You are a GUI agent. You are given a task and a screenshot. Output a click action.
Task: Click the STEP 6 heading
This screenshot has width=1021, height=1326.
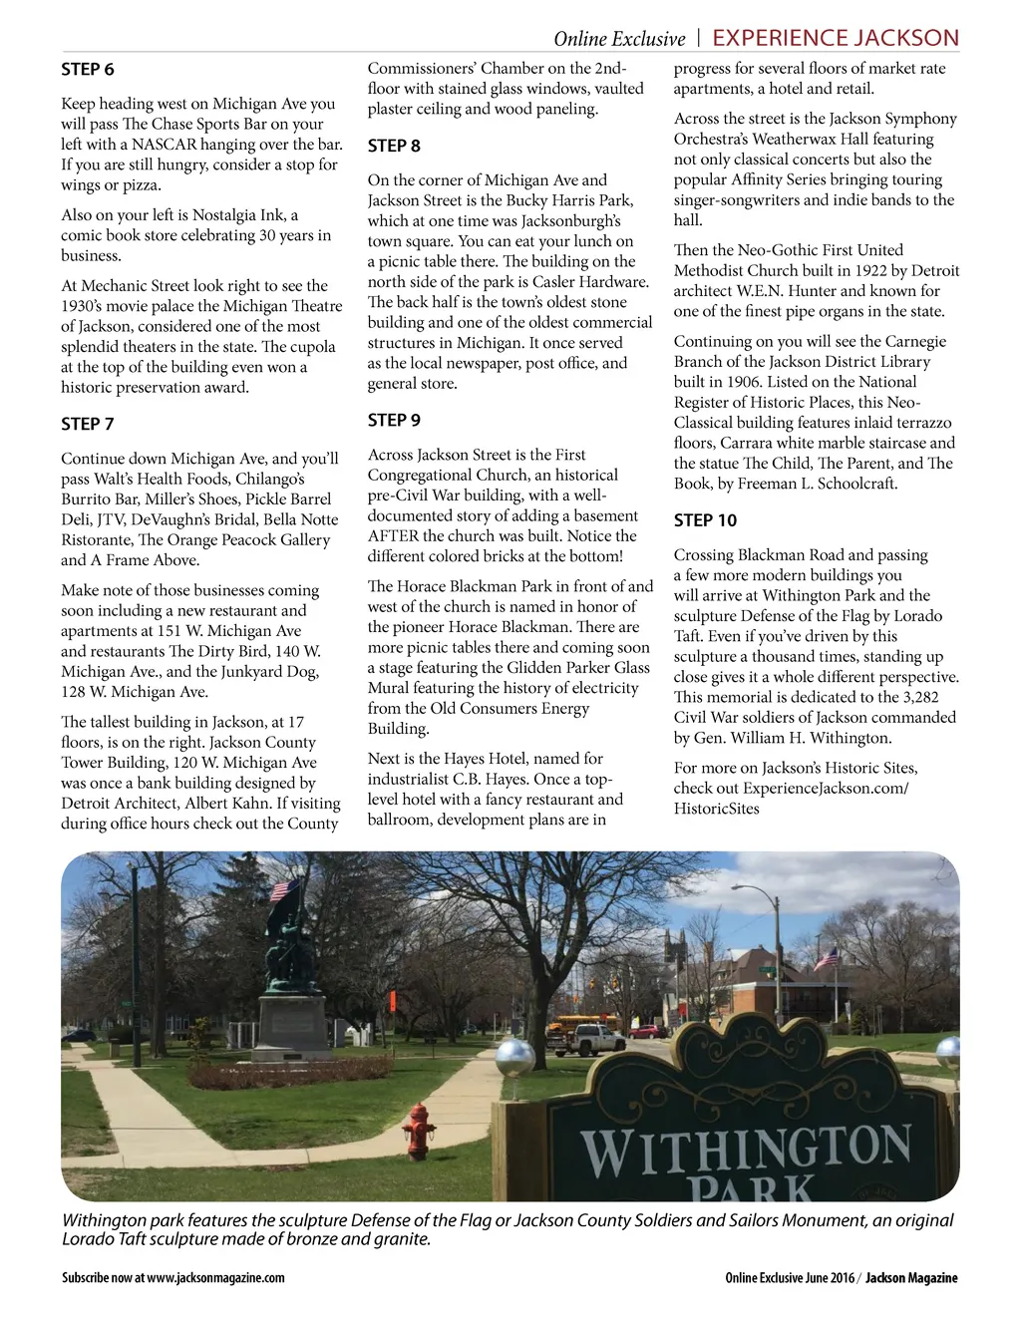coord(88,70)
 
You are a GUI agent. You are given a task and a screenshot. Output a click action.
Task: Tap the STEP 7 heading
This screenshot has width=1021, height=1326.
coord(88,425)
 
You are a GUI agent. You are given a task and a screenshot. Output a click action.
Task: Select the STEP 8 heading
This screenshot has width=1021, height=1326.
coord(394,147)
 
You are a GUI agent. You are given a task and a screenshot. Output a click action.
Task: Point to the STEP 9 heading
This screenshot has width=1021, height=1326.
coord(394,421)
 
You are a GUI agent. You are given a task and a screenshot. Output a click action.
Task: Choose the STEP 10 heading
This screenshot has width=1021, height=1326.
coord(705,520)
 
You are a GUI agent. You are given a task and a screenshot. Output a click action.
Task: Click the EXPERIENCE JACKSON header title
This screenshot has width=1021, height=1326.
coord(836,39)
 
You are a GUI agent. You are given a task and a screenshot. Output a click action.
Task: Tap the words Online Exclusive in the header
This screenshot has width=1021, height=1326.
coord(619,40)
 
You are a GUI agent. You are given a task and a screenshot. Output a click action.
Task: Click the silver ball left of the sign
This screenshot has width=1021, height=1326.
coord(515,1057)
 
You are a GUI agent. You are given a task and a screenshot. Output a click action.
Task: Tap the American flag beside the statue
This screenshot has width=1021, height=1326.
coord(283,889)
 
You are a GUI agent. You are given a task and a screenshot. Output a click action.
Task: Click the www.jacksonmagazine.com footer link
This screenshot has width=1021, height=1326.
coord(215,1278)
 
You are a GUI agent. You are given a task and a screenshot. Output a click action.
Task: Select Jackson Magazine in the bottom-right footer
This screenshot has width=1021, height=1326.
coord(911,1278)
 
